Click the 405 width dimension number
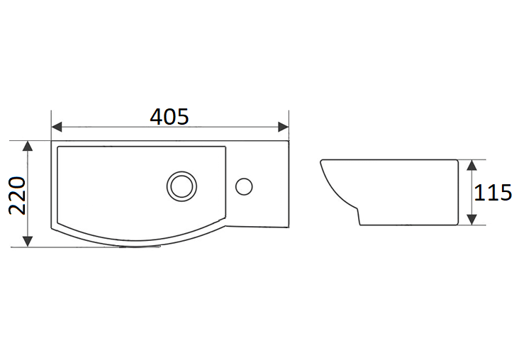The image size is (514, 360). tap(169, 116)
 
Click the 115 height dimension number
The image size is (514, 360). tap(493, 193)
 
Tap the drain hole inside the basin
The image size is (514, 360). tap(180, 186)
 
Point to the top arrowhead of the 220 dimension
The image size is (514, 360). tap(28, 146)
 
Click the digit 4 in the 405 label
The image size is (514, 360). tap(157, 116)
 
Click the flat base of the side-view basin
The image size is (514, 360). tap(404, 225)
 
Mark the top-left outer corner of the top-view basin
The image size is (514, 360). tap(52, 140)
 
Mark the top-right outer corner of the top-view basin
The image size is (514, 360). tap(289, 140)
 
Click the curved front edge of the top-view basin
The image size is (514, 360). tap(142, 242)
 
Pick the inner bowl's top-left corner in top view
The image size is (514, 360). tap(58, 147)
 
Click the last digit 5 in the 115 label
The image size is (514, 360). tap(505, 193)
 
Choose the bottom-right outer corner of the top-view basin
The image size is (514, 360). tap(289, 227)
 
